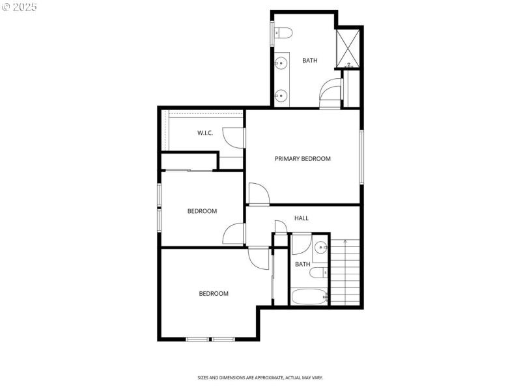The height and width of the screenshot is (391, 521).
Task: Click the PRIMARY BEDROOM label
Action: pos(302,158)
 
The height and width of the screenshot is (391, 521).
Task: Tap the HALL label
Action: pos(302,218)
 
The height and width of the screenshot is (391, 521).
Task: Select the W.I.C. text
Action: pos(205,133)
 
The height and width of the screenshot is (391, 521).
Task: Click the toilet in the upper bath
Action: pos(284,32)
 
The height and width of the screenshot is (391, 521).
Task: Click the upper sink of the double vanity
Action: pos(281,63)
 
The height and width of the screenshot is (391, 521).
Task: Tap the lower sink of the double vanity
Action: pos(281,96)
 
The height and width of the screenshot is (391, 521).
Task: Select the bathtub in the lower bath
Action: pos(309,297)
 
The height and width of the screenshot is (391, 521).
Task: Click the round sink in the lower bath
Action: pos(320,248)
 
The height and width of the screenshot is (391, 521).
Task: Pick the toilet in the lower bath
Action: pos(318,272)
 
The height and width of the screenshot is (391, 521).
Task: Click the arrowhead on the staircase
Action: pos(345,242)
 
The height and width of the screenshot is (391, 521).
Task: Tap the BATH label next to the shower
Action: pos(310,61)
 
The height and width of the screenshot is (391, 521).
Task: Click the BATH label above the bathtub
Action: pos(303,264)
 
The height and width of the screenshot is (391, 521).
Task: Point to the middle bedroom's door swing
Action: pos(234,234)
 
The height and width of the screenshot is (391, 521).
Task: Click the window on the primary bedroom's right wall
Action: pos(361,156)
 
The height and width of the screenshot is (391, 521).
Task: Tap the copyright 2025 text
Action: pos(20,7)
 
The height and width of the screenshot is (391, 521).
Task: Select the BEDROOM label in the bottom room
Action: pos(214,293)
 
